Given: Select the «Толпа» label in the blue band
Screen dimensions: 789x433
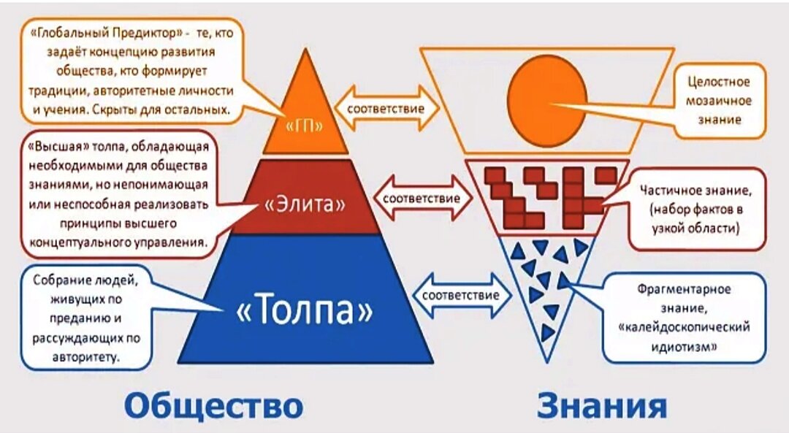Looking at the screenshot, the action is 305,311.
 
